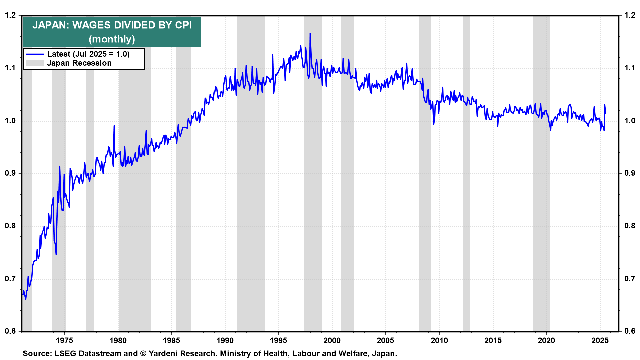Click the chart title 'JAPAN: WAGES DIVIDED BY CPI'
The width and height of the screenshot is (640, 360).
[x=112, y=25]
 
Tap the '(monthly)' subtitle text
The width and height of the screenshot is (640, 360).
[x=112, y=39]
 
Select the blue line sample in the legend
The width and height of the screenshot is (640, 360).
[x=35, y=54]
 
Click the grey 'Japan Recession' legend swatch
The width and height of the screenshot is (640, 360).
[x=35, y=63]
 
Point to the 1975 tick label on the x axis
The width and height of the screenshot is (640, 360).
[x=64, y=341]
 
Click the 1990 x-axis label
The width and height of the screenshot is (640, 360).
[x=225, y=341]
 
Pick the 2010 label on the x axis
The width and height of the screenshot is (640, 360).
[x=439, y=341]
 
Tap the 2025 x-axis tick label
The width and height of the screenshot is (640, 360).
[x=600, y=341]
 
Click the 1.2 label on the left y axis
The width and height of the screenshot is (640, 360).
[x=10, y=15]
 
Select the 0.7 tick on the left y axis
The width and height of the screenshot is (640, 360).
[x=10, y=279]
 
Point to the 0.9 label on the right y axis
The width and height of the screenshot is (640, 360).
[x=630, y=173]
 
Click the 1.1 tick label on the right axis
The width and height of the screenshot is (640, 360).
[x=630, y=68]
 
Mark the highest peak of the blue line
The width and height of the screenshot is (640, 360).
[x=310, y=33]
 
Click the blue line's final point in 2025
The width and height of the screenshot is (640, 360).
[x=605, y=114]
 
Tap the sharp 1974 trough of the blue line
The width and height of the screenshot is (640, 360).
[x=56, y=255]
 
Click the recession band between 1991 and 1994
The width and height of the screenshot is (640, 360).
[x=251, y=200]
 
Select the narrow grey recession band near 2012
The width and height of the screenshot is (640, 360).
[x=466, y=200]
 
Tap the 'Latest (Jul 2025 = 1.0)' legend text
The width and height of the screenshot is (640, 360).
[x=88, y=54]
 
